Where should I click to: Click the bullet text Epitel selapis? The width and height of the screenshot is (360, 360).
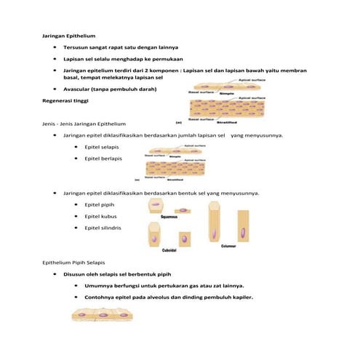(102, 146)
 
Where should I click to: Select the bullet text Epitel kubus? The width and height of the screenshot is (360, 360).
(100, 217)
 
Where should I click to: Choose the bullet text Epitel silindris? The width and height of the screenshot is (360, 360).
(103, 228)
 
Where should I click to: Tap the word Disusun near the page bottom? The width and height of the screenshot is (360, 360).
(76, 275)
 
